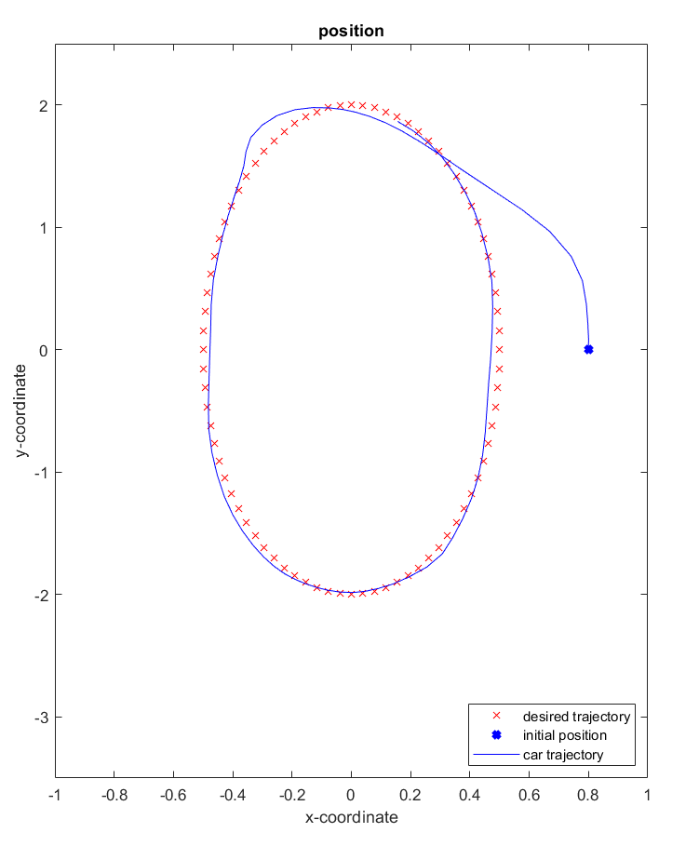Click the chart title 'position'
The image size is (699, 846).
[351, 31]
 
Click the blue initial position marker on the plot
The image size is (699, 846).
[588, 350]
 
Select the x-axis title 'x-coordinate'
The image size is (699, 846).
[351, 818]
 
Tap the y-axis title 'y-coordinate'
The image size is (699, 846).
[20, 410]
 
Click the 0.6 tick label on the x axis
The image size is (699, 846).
[529, 797]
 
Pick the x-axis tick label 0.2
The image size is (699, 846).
[410, 797]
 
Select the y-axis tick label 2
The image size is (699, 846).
[43, 105]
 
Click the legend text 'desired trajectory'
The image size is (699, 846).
[576, 717]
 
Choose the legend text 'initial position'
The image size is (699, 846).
[565, 735]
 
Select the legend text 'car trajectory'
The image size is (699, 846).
[563, 755]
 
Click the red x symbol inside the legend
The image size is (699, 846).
[497, 717]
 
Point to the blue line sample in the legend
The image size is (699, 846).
[497, 755]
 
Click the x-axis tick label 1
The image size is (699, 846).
[647, 797]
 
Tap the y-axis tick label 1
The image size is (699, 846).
[43, 228]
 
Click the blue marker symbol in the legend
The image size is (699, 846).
[497, 735]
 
